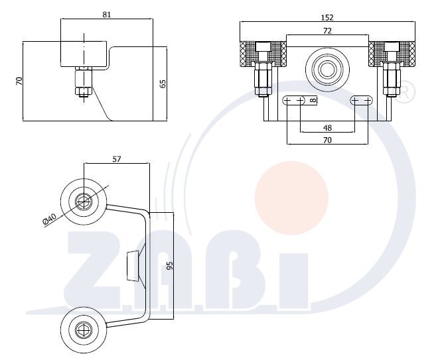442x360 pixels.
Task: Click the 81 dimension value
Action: click(107, 15)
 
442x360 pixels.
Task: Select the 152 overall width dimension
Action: click(327, 17)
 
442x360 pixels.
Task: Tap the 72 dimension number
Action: click(327, 30)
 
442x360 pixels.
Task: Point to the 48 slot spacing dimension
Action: click(327, 128)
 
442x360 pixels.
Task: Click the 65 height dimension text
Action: click(163, 84)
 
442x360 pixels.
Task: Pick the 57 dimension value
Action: click(116, 159)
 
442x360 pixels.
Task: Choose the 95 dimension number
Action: click(170, 266)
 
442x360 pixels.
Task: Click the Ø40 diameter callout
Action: click(50, 219)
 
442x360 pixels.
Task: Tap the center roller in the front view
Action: click(327, 70)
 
